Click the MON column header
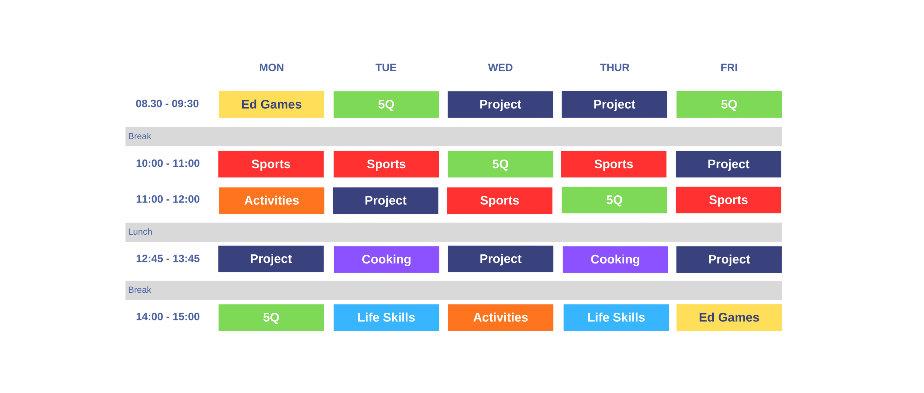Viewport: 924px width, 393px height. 271,67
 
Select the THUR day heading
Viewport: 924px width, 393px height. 615,67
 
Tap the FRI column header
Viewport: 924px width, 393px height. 729,67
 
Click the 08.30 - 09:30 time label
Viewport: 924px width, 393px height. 167,104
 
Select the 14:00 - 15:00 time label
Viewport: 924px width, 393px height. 167,317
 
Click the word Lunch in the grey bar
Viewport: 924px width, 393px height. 140,232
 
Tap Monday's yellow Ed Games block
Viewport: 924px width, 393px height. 271,105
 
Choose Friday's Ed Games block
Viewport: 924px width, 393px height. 729,317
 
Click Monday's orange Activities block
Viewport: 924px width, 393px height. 271,200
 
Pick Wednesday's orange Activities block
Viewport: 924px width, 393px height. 500,317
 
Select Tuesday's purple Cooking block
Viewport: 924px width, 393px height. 386,259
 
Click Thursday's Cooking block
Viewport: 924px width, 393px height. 615,259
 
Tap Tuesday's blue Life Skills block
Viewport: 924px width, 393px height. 386,317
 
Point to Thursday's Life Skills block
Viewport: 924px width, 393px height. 616,317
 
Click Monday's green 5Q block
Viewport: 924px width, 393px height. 271,317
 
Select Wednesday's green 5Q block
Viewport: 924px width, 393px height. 500,164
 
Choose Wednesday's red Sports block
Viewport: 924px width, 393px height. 500,200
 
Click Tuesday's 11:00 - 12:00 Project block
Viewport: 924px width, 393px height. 385,200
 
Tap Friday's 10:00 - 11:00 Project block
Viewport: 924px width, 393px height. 729,164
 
